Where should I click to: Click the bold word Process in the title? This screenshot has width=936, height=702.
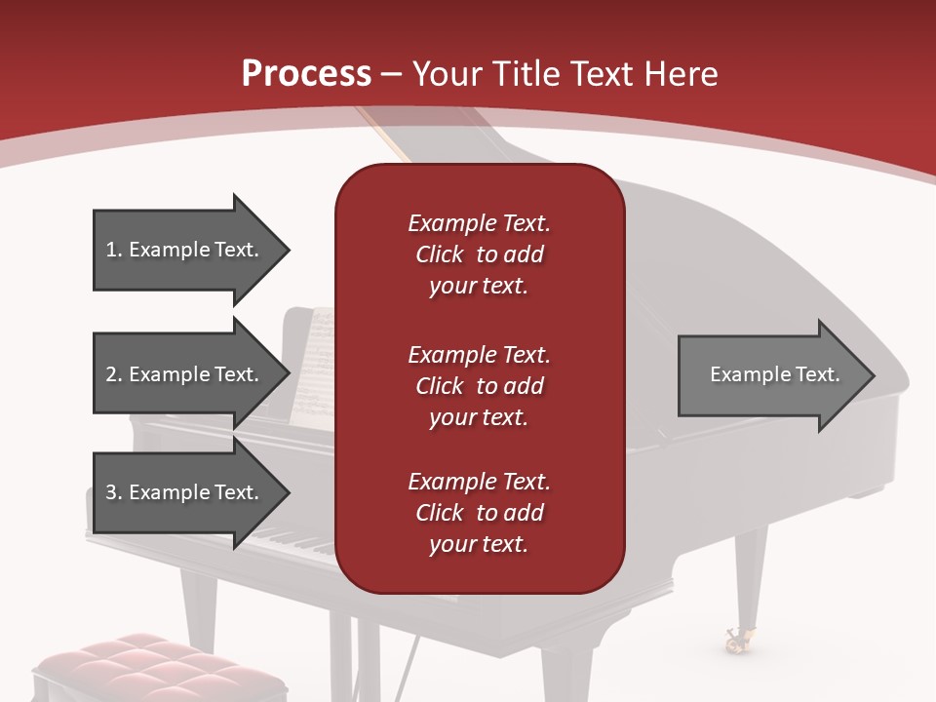[x=306, y=74]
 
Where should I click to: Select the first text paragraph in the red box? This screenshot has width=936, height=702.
[x=479, y=254]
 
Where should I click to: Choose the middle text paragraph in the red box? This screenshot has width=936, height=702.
[x=479, y=386]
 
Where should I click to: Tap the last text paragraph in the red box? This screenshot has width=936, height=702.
[x=479, y=513]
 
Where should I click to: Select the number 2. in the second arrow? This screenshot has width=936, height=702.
[x=114, y=374]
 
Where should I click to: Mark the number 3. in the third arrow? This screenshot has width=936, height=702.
[x=114, y=492]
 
